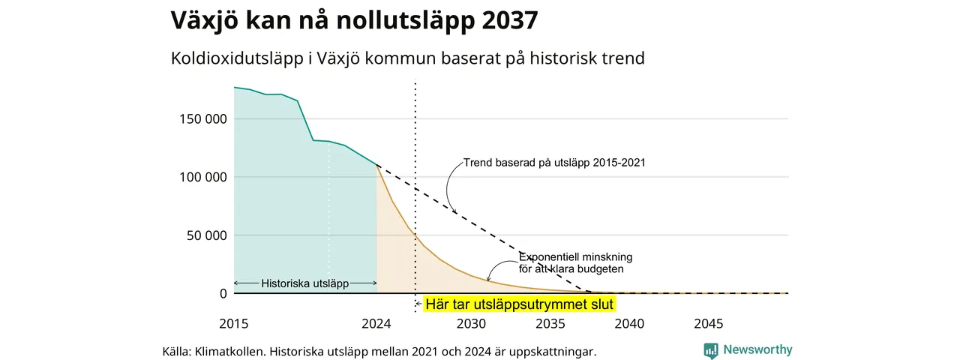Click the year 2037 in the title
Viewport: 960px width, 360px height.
pyautogui.click(x=509, y=19)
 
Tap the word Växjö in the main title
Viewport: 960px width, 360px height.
pyautogui.click(x=205, y=20)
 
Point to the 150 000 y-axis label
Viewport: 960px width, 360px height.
pyautogui.click(x=203, y=118)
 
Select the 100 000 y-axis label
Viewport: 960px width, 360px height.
pyautogui.click(x=203, y=177)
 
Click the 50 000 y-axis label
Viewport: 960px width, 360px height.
pyautogui.click(x=206, y=235)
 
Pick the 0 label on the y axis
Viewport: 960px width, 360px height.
pyautogui.click(x=223, y=293)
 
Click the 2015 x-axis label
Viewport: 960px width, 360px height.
pyautogui.click(x=234, y=323)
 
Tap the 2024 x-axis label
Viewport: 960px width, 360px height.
pyautogui.click(x=376, y=323)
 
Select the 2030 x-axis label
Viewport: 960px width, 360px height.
pyautogui.click(x=472, y=323)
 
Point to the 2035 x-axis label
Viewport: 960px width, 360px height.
pyautogui.click(x=550, y=323)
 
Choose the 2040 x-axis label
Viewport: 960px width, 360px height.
pyautogui.click(x=629, y=323)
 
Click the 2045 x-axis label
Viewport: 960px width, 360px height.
pyautogui.click(x=709, y=323)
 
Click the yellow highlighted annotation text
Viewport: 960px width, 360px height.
pyautogui.click(x=520, y=304)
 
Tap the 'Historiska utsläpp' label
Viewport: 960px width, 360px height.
pyautogui.click(x=305, y=283)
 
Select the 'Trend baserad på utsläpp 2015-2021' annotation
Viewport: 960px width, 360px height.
pyautogui.click(x=554, y=163)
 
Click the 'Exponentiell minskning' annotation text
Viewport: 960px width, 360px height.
pyautogui.click(x=575, y=257)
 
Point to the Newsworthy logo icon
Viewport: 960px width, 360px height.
pyautogui.click(x=711, y=351)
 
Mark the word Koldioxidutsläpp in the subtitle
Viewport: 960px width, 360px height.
pyautogui.click(x=237, y=58)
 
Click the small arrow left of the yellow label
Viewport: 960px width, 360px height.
pyautogui.click(x=418, y=304)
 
